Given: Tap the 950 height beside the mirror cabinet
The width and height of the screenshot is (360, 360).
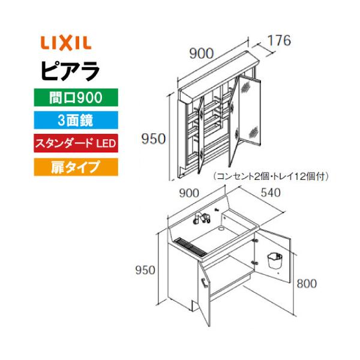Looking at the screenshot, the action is (154, 139).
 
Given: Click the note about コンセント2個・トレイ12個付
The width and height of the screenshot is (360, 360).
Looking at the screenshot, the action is (271, 177).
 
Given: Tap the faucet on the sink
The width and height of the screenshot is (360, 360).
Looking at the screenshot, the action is (201, 218).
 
